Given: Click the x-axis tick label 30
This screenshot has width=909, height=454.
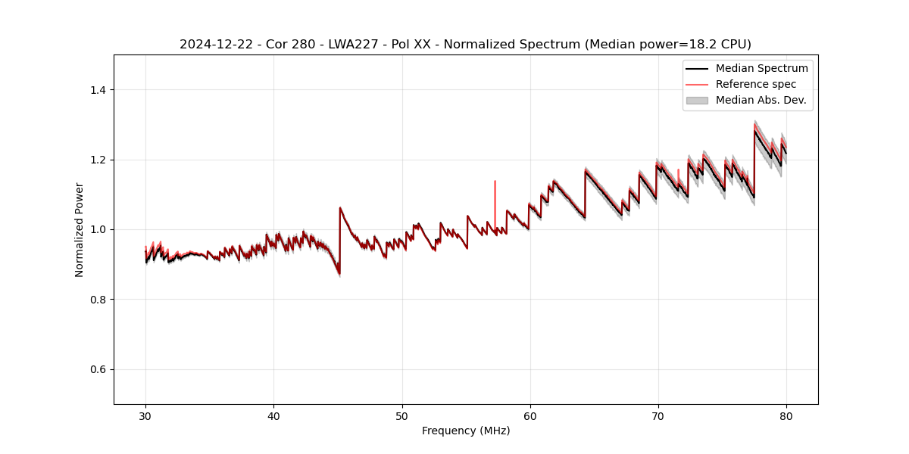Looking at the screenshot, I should pos(145,416).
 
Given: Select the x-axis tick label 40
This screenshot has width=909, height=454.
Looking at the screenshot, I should pos(273,416).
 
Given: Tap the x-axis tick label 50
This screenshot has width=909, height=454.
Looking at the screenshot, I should pos(402,416).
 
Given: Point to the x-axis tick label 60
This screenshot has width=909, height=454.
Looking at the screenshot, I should pos(530,416).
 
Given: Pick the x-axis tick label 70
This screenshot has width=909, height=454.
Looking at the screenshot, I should pos(658,416).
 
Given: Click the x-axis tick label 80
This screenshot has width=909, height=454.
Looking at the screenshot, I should pos(786,416).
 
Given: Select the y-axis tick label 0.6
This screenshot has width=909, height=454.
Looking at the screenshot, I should pos(98,369).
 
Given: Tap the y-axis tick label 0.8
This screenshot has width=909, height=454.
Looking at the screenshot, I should pos(98,300).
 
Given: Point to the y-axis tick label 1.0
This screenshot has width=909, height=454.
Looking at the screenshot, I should pos(98,229).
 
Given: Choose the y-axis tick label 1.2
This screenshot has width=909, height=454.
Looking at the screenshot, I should pos(98,160).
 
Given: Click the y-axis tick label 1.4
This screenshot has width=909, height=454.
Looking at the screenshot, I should pos(98,90).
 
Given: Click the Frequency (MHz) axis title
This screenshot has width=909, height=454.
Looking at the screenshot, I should pos(466,431).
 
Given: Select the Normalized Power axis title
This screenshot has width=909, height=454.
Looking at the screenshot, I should pos(80,229).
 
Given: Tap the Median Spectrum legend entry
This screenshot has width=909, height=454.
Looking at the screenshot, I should pos(761,68).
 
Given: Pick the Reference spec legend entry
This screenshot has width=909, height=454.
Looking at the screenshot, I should pos(755,84).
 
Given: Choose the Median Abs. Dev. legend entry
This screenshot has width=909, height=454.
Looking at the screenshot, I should pos(761,100).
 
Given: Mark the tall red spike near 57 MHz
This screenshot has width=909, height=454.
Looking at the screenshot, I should pos(495,193).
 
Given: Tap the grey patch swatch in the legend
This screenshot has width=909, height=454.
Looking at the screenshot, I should pos(697,100).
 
